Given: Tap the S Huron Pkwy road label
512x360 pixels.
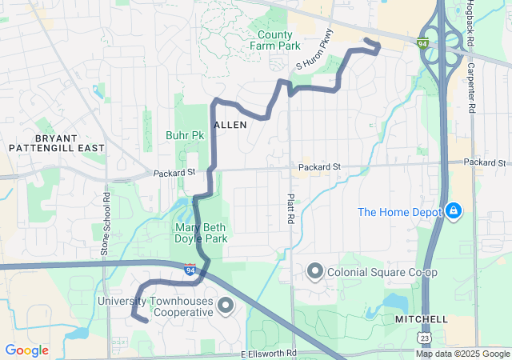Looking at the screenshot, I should pos(314,50).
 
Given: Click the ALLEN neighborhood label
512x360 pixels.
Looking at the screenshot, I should pos(230,125).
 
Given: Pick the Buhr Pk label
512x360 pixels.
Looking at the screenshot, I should pos(185,135).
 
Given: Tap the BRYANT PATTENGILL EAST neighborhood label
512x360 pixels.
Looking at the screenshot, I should pos(57,143).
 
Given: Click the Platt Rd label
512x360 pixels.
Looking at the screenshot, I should pos(291,207).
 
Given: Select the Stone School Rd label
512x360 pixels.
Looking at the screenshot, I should pos(105,224).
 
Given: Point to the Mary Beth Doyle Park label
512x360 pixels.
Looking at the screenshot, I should pos(202,233).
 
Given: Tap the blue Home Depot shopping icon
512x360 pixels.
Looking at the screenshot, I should pos(454,211).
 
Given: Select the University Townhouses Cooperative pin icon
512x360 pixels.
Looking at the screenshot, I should pos(226,305).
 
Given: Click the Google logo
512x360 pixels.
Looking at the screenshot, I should pos(26,350).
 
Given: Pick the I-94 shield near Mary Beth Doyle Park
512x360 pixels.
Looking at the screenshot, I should pos(190,269).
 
